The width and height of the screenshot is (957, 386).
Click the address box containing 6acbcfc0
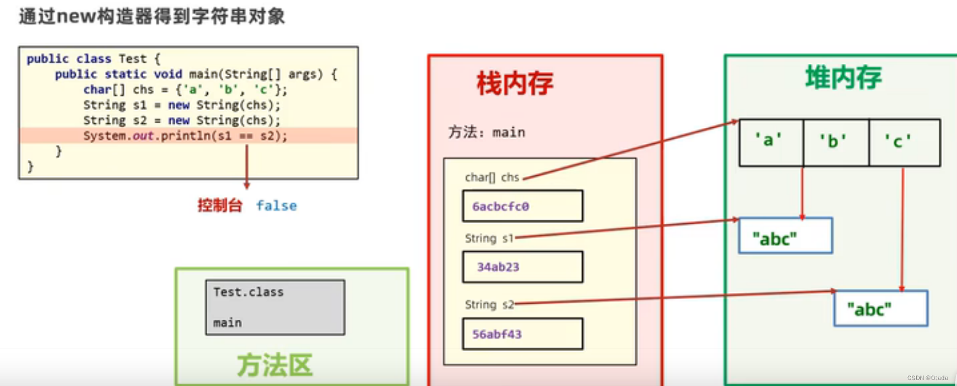522,206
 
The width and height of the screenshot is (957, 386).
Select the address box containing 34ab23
522,267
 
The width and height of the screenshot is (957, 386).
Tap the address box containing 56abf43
522,334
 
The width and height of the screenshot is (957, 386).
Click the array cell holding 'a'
770,142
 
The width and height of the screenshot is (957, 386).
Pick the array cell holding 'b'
836,142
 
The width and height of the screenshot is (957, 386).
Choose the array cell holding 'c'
904,142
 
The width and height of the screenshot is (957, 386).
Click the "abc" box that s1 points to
785,236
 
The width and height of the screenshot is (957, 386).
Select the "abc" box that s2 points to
881,308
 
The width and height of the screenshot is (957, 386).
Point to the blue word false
277,206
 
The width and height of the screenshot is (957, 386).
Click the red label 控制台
220,206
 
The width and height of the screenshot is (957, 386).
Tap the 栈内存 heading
515,83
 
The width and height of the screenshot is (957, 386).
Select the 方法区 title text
274,365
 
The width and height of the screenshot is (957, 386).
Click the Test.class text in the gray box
248,292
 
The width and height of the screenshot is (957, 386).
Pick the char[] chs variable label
492,178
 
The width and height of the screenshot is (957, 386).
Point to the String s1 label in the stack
489,239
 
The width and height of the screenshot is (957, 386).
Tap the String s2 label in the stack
489,305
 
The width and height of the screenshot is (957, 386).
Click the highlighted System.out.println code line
185,136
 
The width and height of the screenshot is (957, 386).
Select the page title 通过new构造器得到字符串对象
152,16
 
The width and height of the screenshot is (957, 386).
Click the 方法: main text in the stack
486,132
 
